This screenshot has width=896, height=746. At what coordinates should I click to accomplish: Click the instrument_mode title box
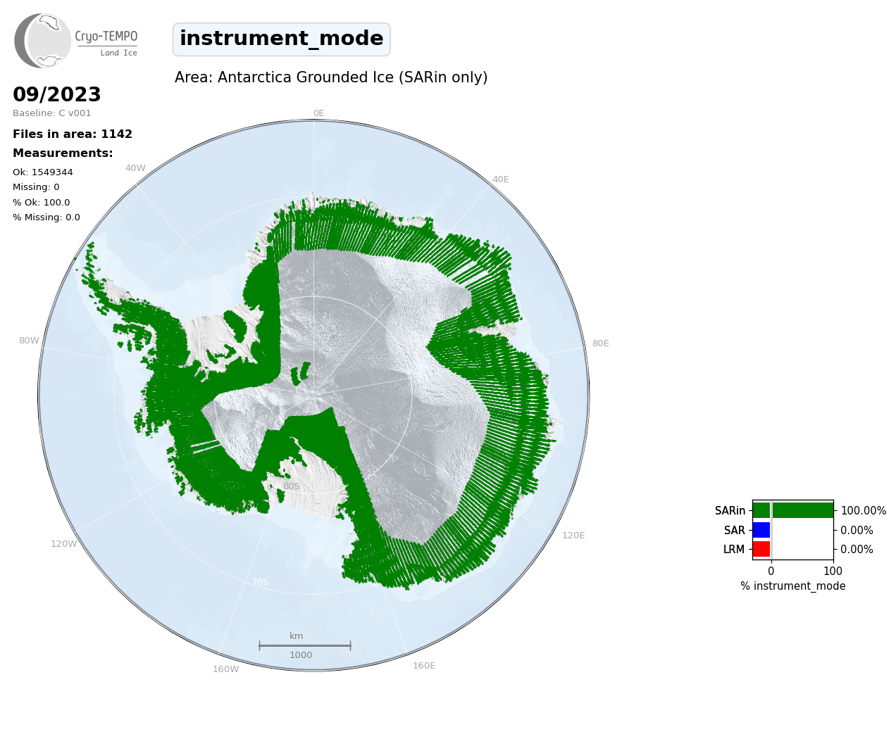click(282, 39)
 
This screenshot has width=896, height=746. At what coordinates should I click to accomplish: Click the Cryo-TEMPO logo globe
click(43, 41)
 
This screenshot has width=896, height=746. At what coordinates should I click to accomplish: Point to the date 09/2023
click(57, 94)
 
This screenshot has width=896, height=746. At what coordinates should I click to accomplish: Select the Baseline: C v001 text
click(52, 113)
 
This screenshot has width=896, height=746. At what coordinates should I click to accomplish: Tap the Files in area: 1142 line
click(73, 134)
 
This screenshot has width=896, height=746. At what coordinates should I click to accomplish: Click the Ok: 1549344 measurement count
click(43, 172)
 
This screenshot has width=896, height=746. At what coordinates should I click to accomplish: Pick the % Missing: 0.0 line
click(46, 217)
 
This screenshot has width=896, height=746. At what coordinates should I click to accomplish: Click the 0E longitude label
click(319, 113)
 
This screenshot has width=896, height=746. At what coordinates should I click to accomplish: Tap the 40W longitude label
click(136, 168)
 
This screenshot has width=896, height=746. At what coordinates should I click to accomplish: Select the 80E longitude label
click(601, 343)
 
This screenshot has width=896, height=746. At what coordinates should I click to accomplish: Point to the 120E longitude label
click(573, 536)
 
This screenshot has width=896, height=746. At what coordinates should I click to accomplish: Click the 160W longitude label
click(226, 669)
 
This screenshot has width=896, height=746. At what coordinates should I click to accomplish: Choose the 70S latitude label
click(260, 582)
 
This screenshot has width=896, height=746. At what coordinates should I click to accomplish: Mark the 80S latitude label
click(292, 486)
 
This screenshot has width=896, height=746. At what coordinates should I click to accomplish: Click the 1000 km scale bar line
click(305, 645)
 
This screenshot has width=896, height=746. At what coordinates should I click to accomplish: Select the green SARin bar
click(793, 511)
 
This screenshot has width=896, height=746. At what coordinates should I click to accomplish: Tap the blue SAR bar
click(761, 530)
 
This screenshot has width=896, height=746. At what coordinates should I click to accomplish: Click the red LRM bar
click(761, 549)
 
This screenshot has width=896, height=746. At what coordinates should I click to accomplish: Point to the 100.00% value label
click(864, 511)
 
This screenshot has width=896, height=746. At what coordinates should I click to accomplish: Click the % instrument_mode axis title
click(793, 586)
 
